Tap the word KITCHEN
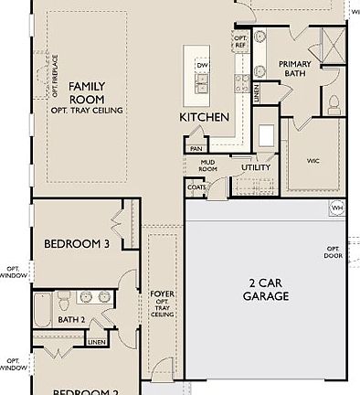tap(205, 118)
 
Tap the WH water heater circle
tap(337, 208)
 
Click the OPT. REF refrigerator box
tap(240, 42)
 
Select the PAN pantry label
tap(196, 148)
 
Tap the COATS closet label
tap(196, 187)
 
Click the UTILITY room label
tap(255, 167)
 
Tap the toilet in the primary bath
tap(334, 101)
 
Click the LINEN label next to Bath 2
tap(97, 341)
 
